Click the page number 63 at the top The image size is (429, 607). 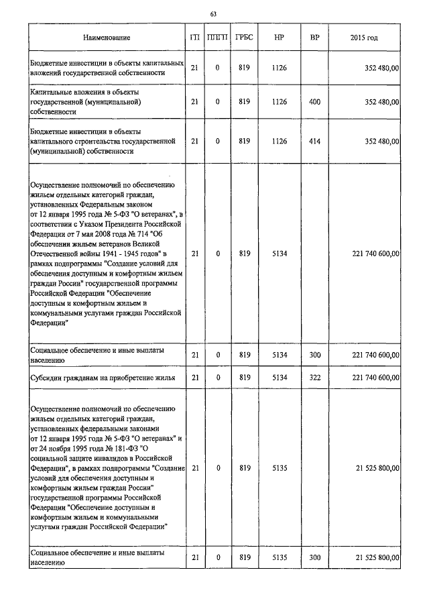pos(213,13)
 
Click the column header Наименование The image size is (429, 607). pos(107,38)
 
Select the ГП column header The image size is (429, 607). pos(194,38)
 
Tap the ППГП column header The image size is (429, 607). pos(218,38)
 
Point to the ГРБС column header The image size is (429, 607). pos(244,38)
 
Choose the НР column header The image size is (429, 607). pos(280,38)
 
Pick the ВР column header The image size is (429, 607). pos(314,38)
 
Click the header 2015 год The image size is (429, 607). pos(364,38)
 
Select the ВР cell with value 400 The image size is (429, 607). pos(314,102)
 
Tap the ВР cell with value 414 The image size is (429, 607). pos(314,142)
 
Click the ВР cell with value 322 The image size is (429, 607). pos(314,378)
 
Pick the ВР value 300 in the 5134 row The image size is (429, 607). pos(314,355)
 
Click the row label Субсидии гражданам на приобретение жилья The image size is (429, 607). pos(103,378)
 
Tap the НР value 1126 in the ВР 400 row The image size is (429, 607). pos(280,102)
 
